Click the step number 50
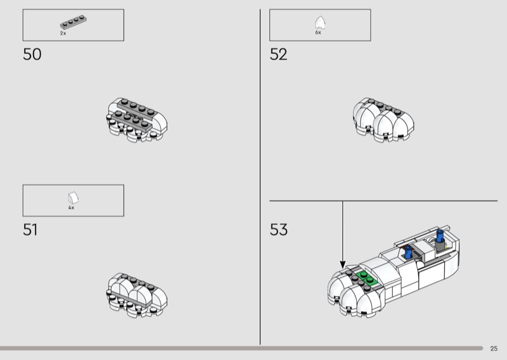tap(32, 55)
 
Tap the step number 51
tap(30, 229)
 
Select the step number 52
tap(278, 55)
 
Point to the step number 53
tap(278, 229)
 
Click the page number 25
tap(494, 349)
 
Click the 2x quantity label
tap(63, 34)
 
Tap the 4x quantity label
tap(71, 208)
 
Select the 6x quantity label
tap(318, 33)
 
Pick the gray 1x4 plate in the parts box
tap(74, 22)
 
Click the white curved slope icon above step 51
tap(74, 198)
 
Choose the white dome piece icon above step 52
tap(320, 23)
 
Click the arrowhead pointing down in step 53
tap(343, 264)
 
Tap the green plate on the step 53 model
tap(367, 278)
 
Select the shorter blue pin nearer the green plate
tap(408, 252)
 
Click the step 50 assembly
tap(137, 120)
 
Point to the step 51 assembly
tap(137, 295)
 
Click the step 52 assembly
tap(383, 120)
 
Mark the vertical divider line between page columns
tap(260, 177)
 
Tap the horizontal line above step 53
tap(383, 201)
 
